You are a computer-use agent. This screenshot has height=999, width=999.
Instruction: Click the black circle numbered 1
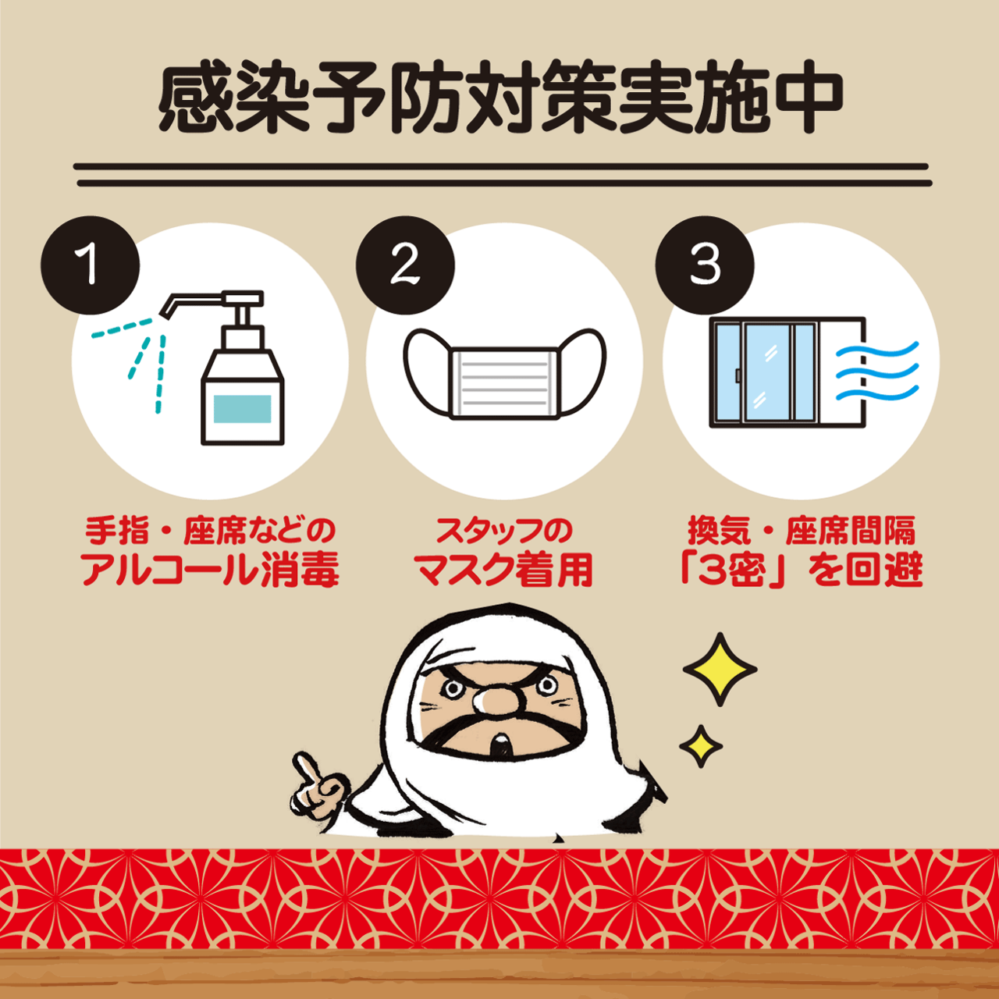coord(91,265)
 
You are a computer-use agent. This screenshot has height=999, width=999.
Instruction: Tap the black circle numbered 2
coord(405,265)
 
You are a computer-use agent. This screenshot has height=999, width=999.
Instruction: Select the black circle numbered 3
coord(705,265)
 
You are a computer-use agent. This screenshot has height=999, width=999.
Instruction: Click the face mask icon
coord(505,373)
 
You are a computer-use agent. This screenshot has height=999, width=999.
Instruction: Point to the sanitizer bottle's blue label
coord(243,408)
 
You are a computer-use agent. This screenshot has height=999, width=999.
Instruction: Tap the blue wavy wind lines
coord(876,372)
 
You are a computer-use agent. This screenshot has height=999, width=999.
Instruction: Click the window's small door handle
coord(738,375)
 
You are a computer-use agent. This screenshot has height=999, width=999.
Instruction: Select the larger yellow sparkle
coord(720,670)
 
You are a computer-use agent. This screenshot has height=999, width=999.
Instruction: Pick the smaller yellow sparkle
coord(701,746)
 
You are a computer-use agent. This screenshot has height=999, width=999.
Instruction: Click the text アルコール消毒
coord(211,570)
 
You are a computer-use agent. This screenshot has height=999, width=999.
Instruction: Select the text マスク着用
coord(504,570)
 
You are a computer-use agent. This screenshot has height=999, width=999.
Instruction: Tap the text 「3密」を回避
coord(802,571)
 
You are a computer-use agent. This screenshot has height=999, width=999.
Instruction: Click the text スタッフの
coord(504,530)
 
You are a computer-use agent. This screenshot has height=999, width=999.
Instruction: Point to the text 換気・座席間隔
coord(802,530)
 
